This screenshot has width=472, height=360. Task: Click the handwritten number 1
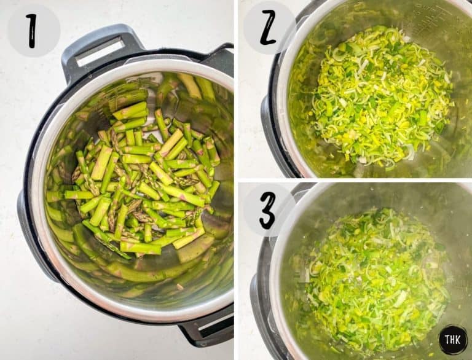point(32,31)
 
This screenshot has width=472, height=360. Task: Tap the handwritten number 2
point(268,28)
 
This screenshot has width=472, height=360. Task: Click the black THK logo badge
point(454,340)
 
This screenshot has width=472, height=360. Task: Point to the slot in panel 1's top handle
point(100,52)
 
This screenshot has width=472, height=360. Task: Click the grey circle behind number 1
point(33,30)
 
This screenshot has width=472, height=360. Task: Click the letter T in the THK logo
point(447,340)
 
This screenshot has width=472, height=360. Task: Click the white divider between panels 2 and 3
point(355,180)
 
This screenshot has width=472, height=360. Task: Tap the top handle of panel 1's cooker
point(100,51)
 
